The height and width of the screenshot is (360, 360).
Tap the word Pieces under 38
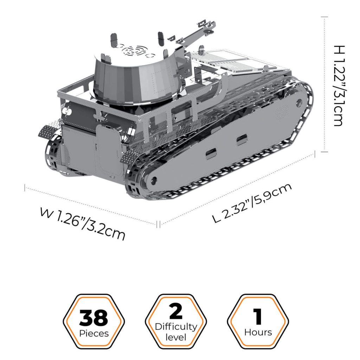[x=93, y=333]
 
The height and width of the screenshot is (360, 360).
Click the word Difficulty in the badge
[x=176, y=327]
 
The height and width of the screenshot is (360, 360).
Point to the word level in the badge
[x=176, y=337]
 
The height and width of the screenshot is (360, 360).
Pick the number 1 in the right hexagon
[x=258, y=316]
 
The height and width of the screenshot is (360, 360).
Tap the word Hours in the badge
[x=258, y=332]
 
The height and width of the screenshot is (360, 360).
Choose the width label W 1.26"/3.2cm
[x=83, y=223]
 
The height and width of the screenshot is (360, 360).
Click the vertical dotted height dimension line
[x=324, y=84]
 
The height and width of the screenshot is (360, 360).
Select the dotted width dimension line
[x=91, y=205]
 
